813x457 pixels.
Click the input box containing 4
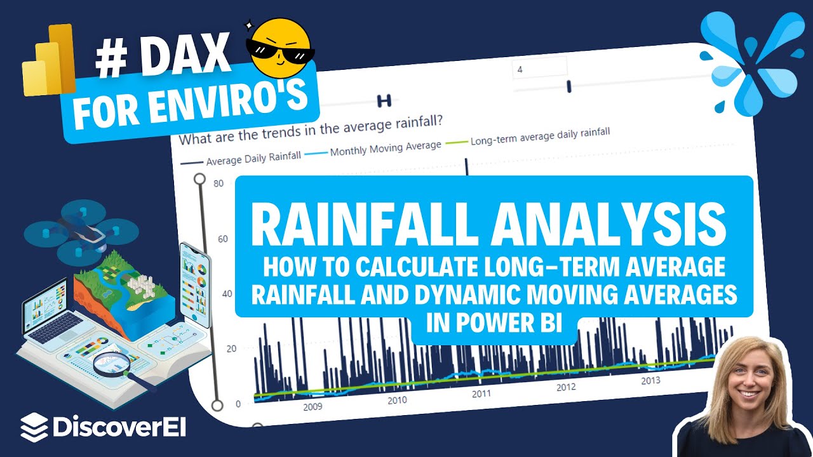(539, 69)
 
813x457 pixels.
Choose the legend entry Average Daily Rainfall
(253, 158)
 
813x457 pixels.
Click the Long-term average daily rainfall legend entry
(540, 136)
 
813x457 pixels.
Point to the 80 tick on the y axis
(218, 184)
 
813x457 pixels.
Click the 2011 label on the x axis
(481, 394)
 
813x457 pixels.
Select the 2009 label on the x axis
(312, 406)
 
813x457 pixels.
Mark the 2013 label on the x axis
(650, 380)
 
